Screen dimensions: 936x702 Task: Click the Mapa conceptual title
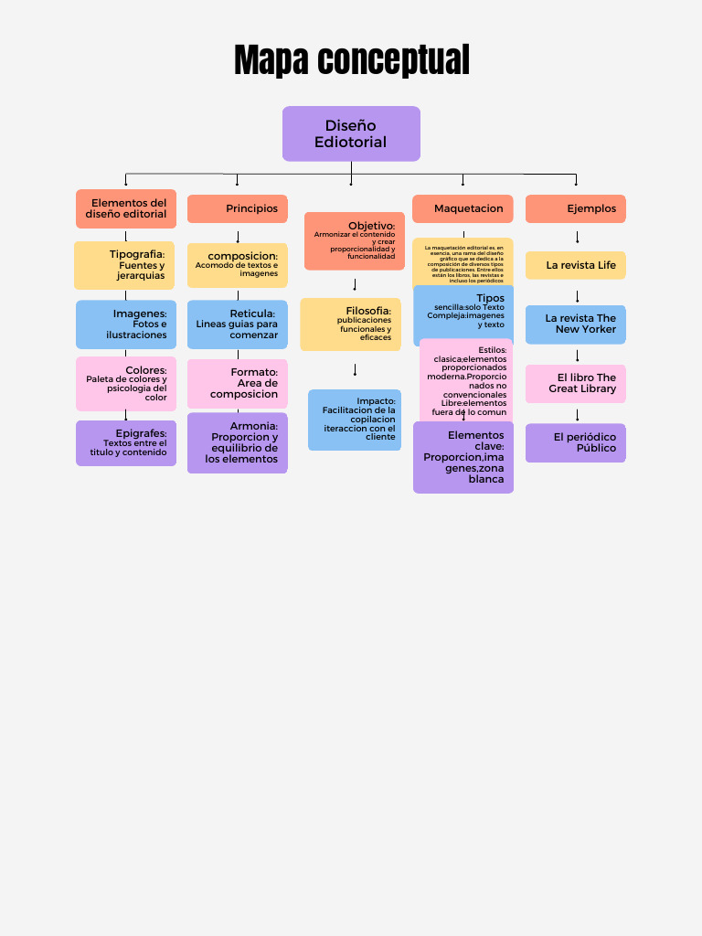click(351, 60)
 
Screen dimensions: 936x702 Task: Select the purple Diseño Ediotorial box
click(351, 133)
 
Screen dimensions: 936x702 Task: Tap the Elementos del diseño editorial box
click(126, 208)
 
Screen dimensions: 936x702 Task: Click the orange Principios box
click(238, 208)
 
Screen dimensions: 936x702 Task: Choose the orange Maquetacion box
click(463, 208)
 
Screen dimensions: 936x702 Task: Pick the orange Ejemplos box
click(576, 208)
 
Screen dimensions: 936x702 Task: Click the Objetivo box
click(355, 241)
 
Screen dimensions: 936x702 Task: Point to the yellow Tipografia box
click(124, 265)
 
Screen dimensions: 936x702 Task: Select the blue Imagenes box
click(126, 324)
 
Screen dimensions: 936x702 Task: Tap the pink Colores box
click(126, 384)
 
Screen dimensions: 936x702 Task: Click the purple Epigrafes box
click(126, 443)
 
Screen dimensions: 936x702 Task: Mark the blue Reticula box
click(238, 324)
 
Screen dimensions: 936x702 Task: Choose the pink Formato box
click(238, 384)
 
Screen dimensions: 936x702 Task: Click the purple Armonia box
click(238, 443)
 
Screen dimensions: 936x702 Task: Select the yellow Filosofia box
click(350, 324)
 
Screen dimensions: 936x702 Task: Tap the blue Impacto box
click(355, 420)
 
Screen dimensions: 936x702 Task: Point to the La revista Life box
click(576, 265)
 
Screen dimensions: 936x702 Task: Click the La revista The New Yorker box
click(576, 324)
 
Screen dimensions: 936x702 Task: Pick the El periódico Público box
click(576, 443)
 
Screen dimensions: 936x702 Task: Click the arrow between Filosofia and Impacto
click(355, 370)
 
